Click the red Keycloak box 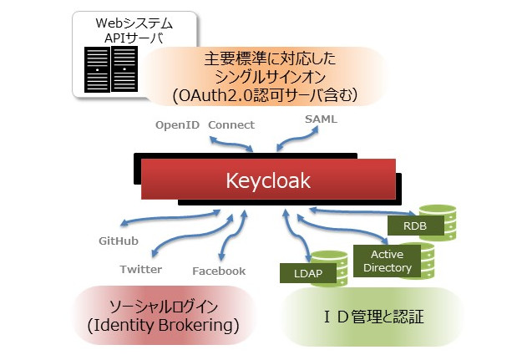pos(268,179)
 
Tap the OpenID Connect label pos(205,125)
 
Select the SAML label pos(321,119)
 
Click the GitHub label pos(119,241)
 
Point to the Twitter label pos(141,269)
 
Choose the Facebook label pos(219,271)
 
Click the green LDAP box pos(307,273)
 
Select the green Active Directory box pos(387,261)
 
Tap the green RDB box pos(415,226)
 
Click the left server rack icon pos(97,69)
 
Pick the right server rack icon pos(124,69)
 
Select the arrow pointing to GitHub pos(169,217)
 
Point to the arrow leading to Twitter pos(191,236)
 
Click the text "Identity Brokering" pos(163,326)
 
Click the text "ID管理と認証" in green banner pos(374,317)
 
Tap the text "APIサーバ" pos(134,38)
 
